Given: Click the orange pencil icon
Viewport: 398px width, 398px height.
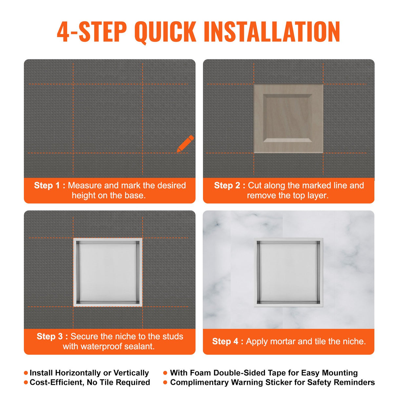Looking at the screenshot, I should coord(185,144).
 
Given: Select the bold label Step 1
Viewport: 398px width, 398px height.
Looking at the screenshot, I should coord(47,186).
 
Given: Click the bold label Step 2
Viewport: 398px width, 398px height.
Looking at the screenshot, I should coord(227,186).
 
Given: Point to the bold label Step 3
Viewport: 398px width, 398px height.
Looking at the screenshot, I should coord(50,336).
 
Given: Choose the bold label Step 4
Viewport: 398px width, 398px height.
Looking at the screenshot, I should coord(225,341).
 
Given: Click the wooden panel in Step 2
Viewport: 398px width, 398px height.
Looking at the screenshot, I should coord(288,118).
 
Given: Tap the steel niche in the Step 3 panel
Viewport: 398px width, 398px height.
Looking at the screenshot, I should coord(108,272).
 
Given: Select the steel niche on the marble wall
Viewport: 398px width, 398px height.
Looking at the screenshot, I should coord(288,272).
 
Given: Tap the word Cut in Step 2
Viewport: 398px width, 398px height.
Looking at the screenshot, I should coord(254,186).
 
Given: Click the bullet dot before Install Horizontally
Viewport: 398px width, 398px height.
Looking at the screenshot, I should coord(26,373).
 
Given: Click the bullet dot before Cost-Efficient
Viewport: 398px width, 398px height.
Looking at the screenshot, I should coord(26,383).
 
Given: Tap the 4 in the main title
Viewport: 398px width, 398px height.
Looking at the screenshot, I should coord(63,31).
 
